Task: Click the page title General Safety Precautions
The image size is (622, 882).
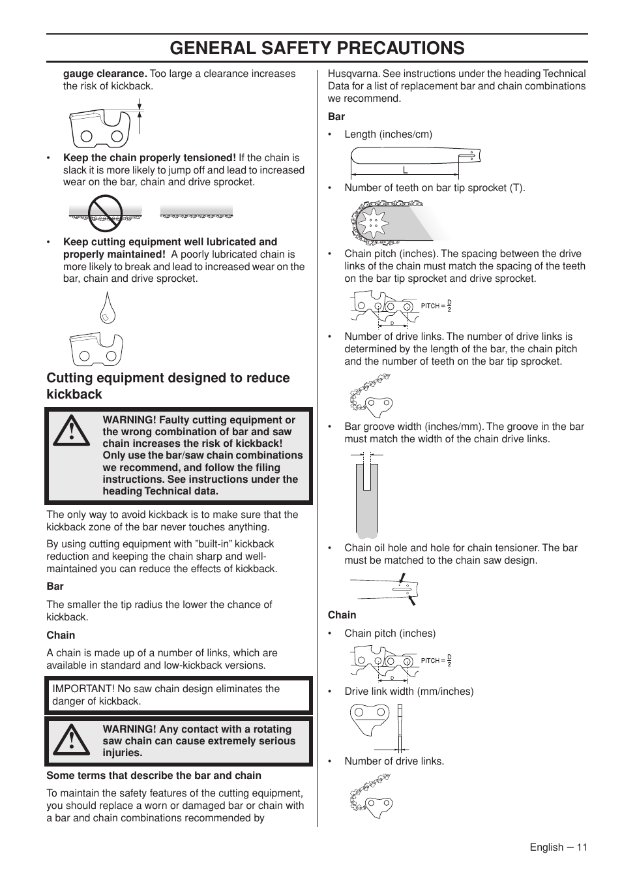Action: point(317,48)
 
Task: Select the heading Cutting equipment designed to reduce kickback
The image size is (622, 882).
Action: point(168,386)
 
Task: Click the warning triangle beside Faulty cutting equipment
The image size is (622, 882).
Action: point(72,431)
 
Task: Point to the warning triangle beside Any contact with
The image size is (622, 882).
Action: point(72,740)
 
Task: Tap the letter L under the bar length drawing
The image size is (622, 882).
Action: point(405,170)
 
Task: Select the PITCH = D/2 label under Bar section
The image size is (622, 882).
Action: point(436,305)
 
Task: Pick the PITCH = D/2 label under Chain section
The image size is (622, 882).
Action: point(436,660)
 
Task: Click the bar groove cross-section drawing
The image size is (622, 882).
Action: point(367,494)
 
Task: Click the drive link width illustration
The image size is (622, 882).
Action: point(378,726)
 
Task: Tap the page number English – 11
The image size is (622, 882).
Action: point(558,847)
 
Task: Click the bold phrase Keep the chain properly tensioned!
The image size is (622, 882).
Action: point(149,158)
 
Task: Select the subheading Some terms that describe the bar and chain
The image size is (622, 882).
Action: point(154,776)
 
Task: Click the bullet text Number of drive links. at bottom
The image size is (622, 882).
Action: point(394,761)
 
